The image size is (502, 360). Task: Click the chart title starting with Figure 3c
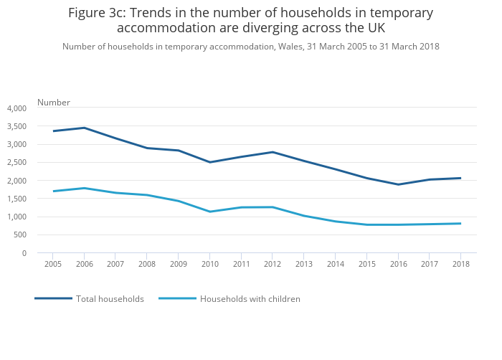click(250, 21)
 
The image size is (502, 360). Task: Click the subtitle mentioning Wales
click(250, 47)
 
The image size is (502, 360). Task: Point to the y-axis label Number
click(54, 103)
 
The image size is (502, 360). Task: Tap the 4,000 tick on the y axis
click(16, 108)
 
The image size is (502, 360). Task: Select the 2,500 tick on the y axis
click(16, 163)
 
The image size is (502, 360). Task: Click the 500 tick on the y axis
click(19, 235)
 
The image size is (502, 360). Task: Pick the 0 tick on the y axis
click(24, 253)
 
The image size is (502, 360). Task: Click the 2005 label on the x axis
click(53, 265)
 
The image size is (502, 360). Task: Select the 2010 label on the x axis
click(210, 265)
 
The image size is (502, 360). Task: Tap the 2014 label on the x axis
click(336, 265)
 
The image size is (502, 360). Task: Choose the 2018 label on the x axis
click(461, 265)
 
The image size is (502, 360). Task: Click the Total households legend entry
click(110, 299)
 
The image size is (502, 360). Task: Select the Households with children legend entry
click(250, 299)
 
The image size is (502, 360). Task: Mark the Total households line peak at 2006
click(85, 128)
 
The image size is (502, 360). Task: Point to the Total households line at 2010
click(210, 162)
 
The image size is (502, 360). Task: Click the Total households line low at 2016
click(398, 184)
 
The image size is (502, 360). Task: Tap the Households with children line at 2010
click(210, 212)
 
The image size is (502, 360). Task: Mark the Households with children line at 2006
click(85, 188)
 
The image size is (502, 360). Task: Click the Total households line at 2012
click(273, 152)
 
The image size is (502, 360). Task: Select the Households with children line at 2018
click(461, 224)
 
